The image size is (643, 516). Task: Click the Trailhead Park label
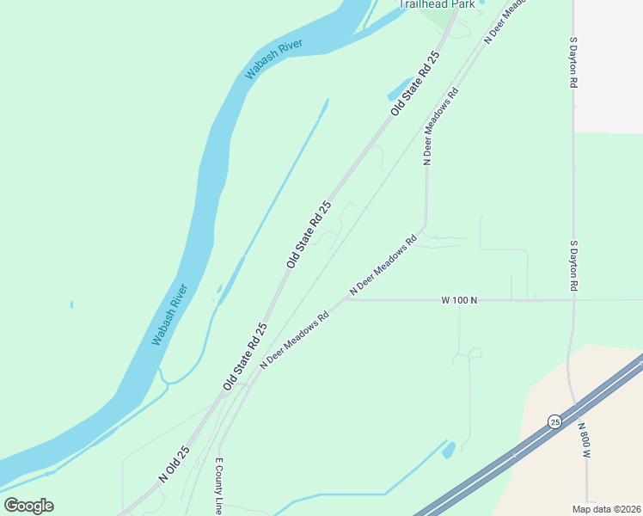[438, 4]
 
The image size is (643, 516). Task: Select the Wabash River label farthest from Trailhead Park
[169, 315]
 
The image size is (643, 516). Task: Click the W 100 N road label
[459, 300]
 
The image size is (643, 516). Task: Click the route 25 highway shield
[555, 421]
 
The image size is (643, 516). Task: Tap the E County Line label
[219, 486]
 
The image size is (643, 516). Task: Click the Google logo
[28, 505]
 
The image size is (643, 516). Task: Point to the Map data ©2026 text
[606, 508]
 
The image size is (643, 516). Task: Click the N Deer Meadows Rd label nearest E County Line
[295, 341]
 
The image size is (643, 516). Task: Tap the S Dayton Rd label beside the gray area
[573, 62]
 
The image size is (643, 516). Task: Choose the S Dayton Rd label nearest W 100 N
[573, 267]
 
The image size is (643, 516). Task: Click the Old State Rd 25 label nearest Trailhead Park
[415, 83]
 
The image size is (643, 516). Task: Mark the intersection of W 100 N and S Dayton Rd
[573, 300]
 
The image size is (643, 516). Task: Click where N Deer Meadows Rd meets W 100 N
[350, 299]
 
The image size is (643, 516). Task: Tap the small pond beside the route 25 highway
[448, 449]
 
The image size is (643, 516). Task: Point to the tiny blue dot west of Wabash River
[71, 304]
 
